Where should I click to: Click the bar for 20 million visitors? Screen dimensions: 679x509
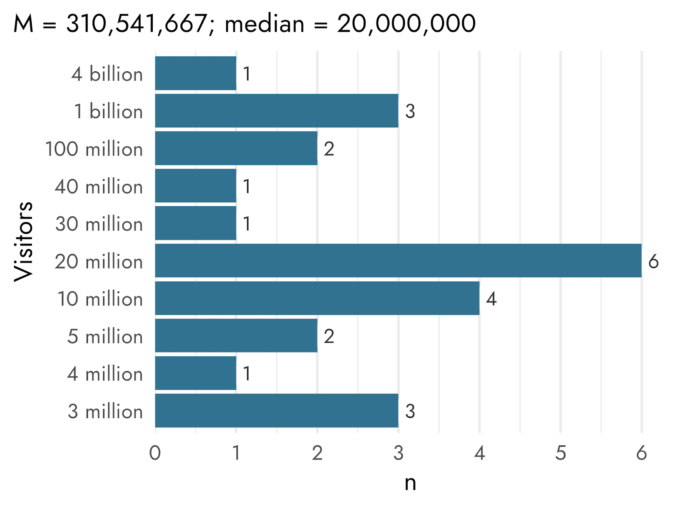click(x=398, y=260)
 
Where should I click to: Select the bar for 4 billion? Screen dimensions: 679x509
click(x=196, y=73)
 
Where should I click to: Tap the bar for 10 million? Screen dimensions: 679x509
click(x=317, y=298)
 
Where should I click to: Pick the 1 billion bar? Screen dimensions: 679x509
click(x=277, y=111)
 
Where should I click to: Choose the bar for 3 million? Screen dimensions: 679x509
click(x=277, y=411)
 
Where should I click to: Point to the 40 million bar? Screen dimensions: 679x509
click(x=196, y=185)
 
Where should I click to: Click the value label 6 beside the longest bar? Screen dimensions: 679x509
click(x=653, y=262)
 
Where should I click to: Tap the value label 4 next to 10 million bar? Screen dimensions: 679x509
click(x=491, y=299)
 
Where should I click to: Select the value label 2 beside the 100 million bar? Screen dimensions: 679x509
click(x=329, y=149)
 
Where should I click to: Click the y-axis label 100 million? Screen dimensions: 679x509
click(x=94, y=149)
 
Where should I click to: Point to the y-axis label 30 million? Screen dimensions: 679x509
click(x=99, y=224)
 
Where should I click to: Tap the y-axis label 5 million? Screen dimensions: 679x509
click(x=105, y=336)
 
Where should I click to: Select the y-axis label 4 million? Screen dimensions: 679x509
click(x=105, y=374)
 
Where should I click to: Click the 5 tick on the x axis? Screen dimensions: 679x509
click(x=561, y=453)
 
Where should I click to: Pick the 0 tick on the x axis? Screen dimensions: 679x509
click(x=155, y=453)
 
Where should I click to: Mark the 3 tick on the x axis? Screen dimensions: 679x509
click(x=398, y=453)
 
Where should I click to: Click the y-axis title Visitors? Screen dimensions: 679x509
click(x=23, y=242)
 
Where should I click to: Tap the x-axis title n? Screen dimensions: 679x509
click(x=410, y=484)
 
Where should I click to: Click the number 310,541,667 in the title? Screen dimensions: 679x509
click(x=137, y=24)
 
